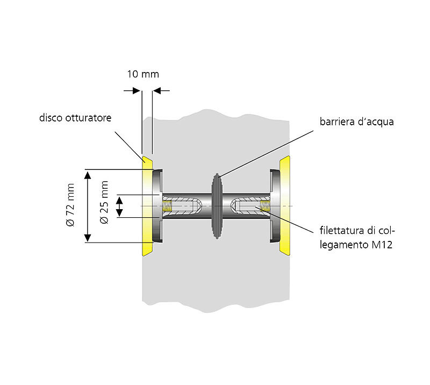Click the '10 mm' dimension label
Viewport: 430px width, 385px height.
point(142,74)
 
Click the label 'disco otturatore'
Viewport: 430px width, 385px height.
point(75,117)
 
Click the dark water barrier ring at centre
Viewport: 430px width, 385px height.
point(217,206)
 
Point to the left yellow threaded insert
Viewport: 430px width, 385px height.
point(168,206)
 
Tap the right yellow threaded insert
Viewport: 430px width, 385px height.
point(264,206)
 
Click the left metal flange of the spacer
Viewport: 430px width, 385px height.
point(156,206)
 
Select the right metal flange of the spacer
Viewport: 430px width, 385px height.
point(275,206)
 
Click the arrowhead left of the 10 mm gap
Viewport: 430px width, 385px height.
point(137,90)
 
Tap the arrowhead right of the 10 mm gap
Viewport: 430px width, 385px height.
point(157,90)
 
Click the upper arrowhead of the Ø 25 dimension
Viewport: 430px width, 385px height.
point(120,198)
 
